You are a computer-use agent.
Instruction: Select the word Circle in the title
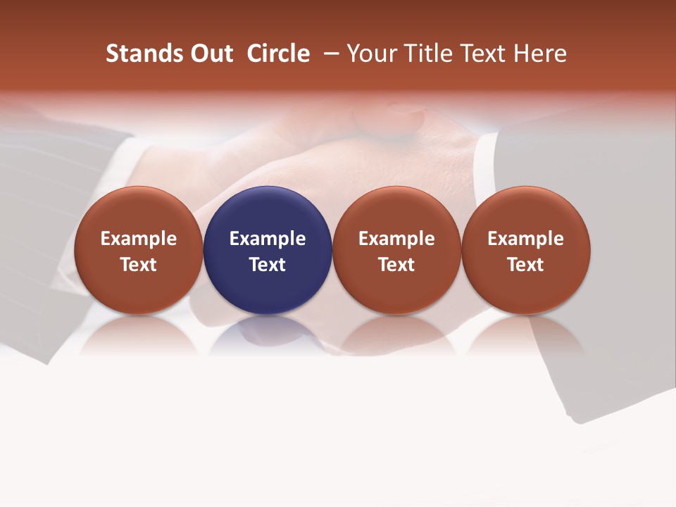(x=278, y=54)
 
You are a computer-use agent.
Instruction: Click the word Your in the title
(x=371, y=54)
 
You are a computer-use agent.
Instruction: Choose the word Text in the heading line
(x=482, y=54)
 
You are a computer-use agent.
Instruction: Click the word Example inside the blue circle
(x=268, y=239)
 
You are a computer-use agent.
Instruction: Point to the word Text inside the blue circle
(x=268, y=265)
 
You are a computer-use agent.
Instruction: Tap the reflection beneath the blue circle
(x=268, y=334)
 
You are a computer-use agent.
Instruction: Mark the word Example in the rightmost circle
(x=526, y=239)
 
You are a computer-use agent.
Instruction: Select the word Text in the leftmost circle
(x=138, y=265)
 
